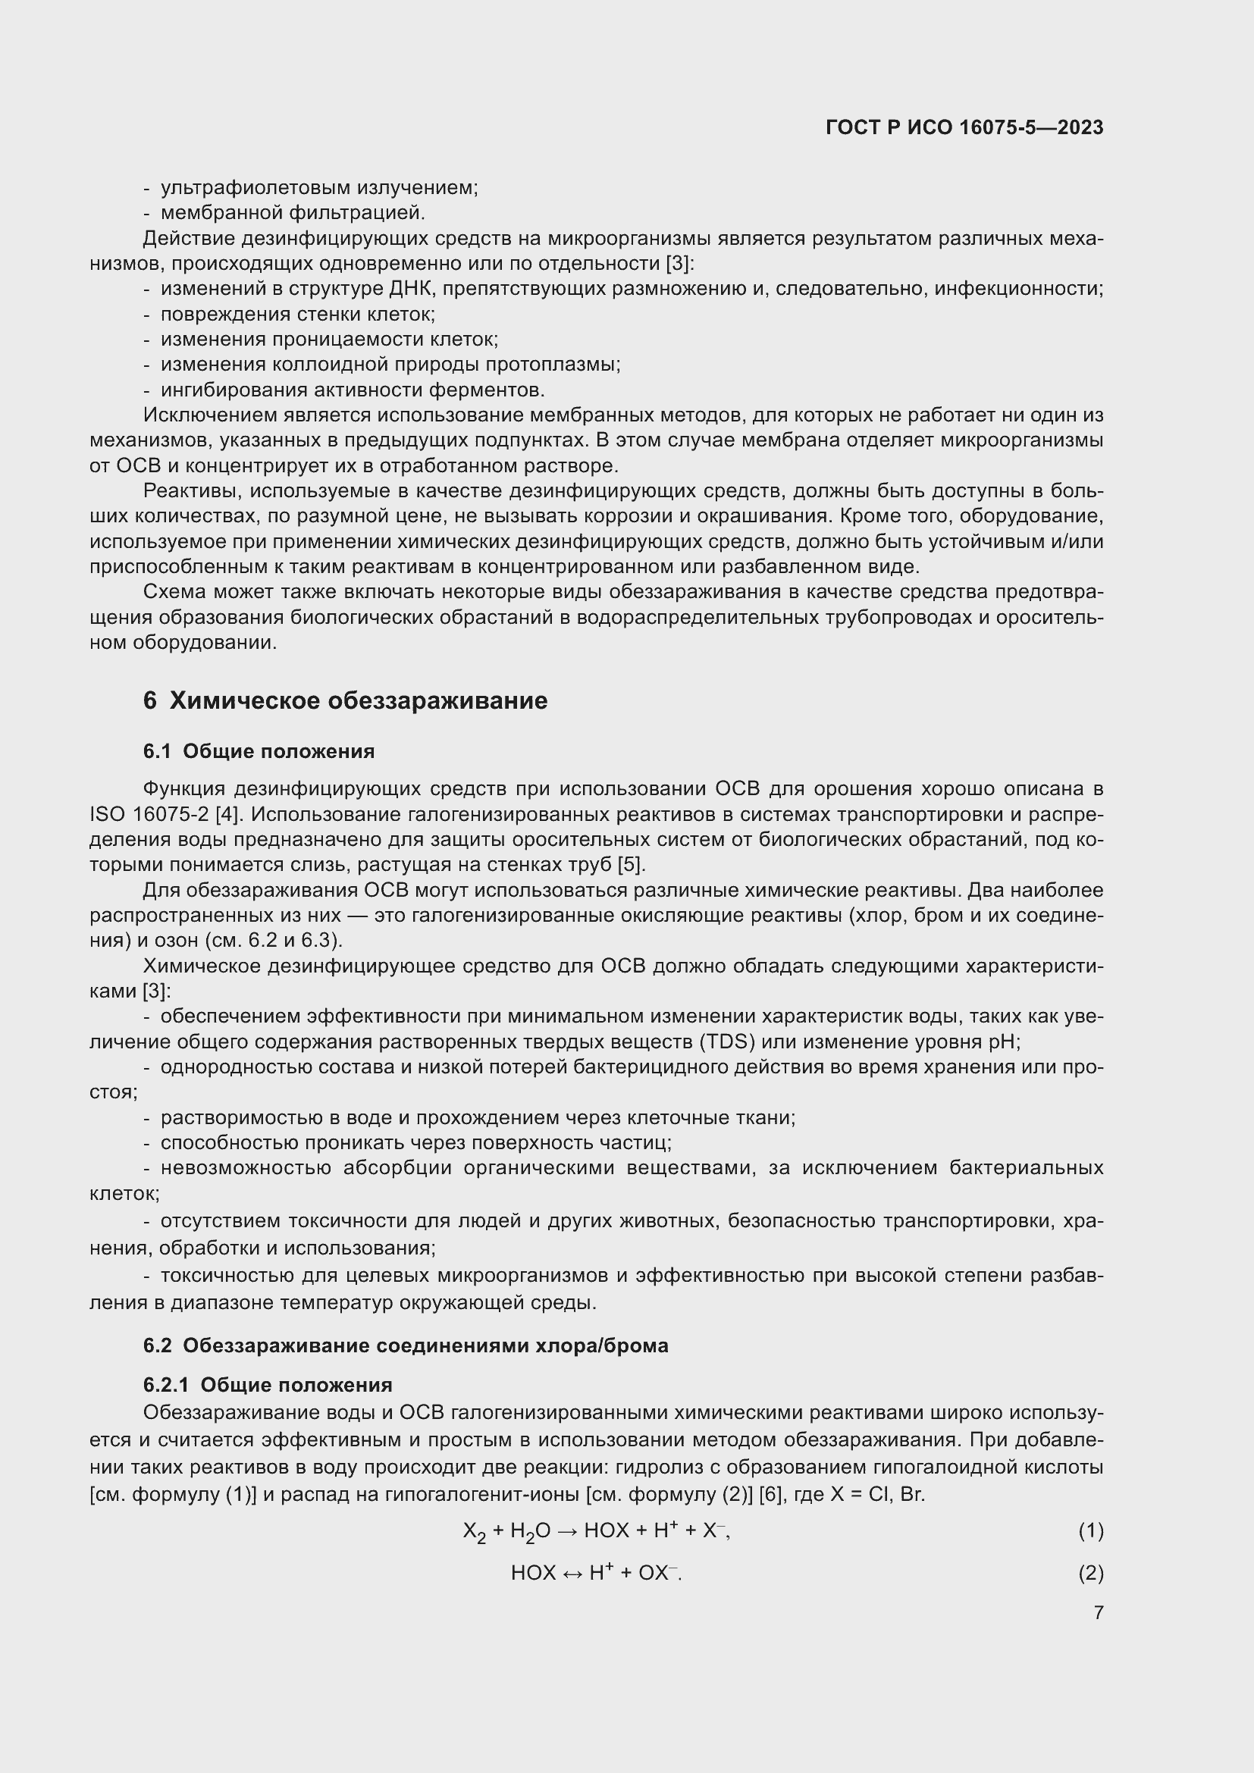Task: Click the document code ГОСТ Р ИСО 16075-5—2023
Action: point(964,127)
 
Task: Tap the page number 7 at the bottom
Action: point(1098,1612)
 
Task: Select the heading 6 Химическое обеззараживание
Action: point(345,700)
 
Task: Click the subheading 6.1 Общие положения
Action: point(259,751)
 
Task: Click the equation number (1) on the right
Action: point(1090,1530)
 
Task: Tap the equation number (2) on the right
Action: point(1090,1573)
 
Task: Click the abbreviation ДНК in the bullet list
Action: point(412,289)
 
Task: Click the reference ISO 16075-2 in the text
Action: point(149,814)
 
